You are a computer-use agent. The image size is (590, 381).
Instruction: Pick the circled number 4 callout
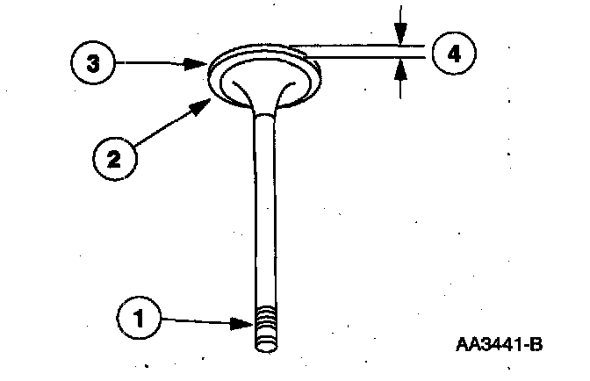(x=453, y=53)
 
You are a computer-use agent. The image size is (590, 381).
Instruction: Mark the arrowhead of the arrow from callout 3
(x=205, y=63)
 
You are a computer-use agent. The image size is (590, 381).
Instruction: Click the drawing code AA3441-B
(x=498, y=343)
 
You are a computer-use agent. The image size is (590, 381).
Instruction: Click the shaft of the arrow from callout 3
(x=158, y=63)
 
